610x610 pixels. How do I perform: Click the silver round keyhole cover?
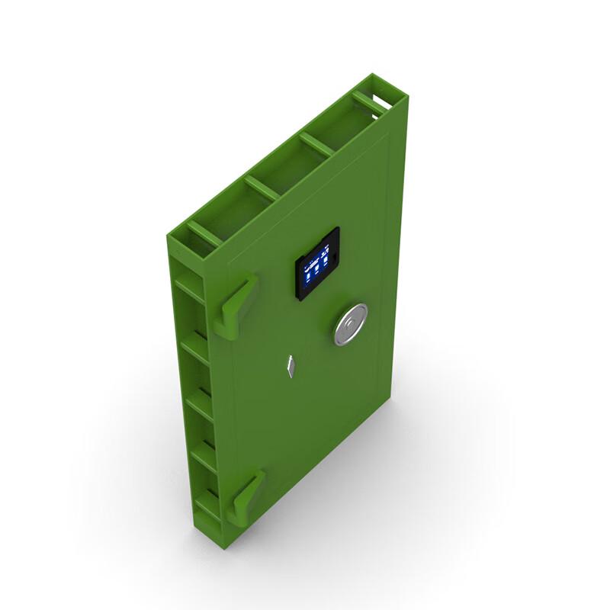coord(350,325)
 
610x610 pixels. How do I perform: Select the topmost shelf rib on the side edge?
coord(188,284)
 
